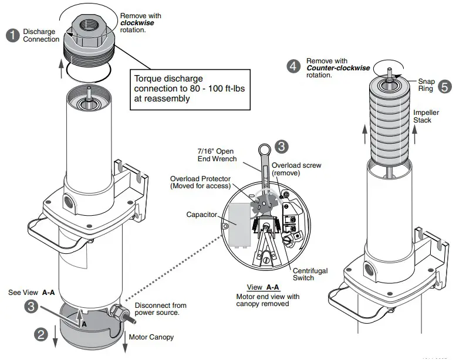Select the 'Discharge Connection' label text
tap(41, 35)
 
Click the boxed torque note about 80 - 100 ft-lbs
tap(176, 89)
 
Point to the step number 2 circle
tap(40, 335)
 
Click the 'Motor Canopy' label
tap(152, 338)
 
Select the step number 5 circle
tap(445, 86)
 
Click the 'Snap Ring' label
tap(425, 86)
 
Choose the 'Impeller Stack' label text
tap(422, 116)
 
